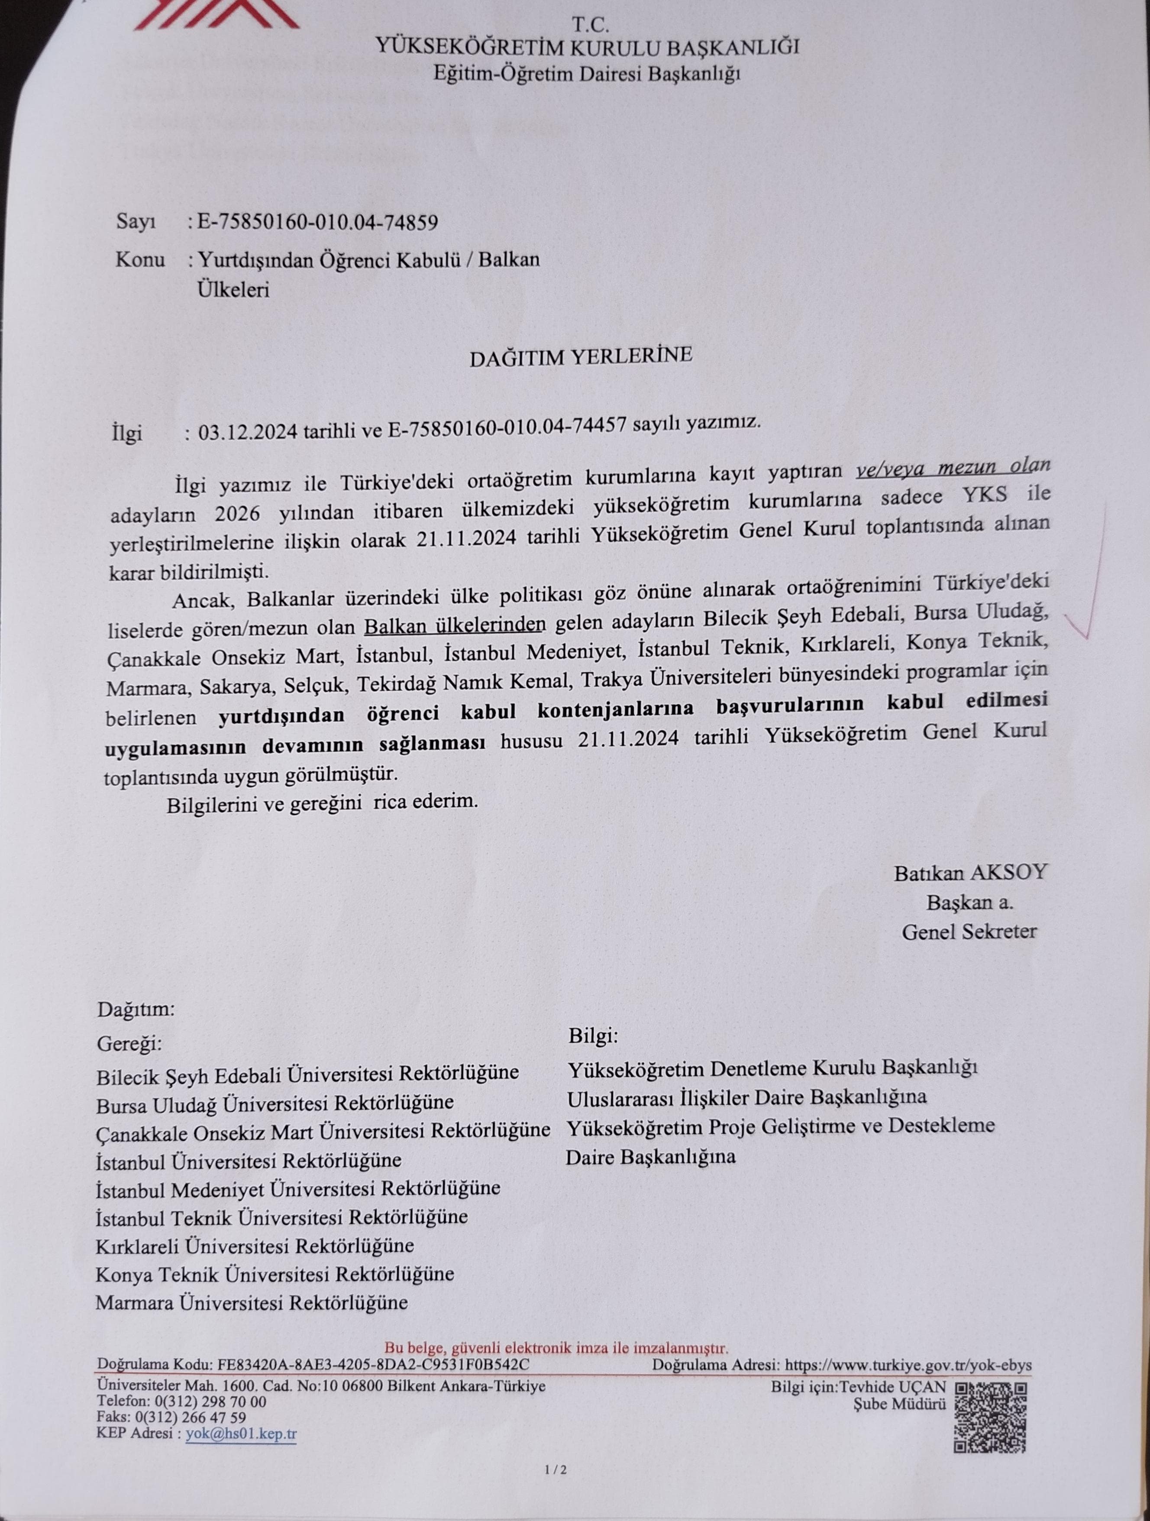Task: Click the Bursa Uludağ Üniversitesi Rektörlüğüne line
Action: coord(275,1102)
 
